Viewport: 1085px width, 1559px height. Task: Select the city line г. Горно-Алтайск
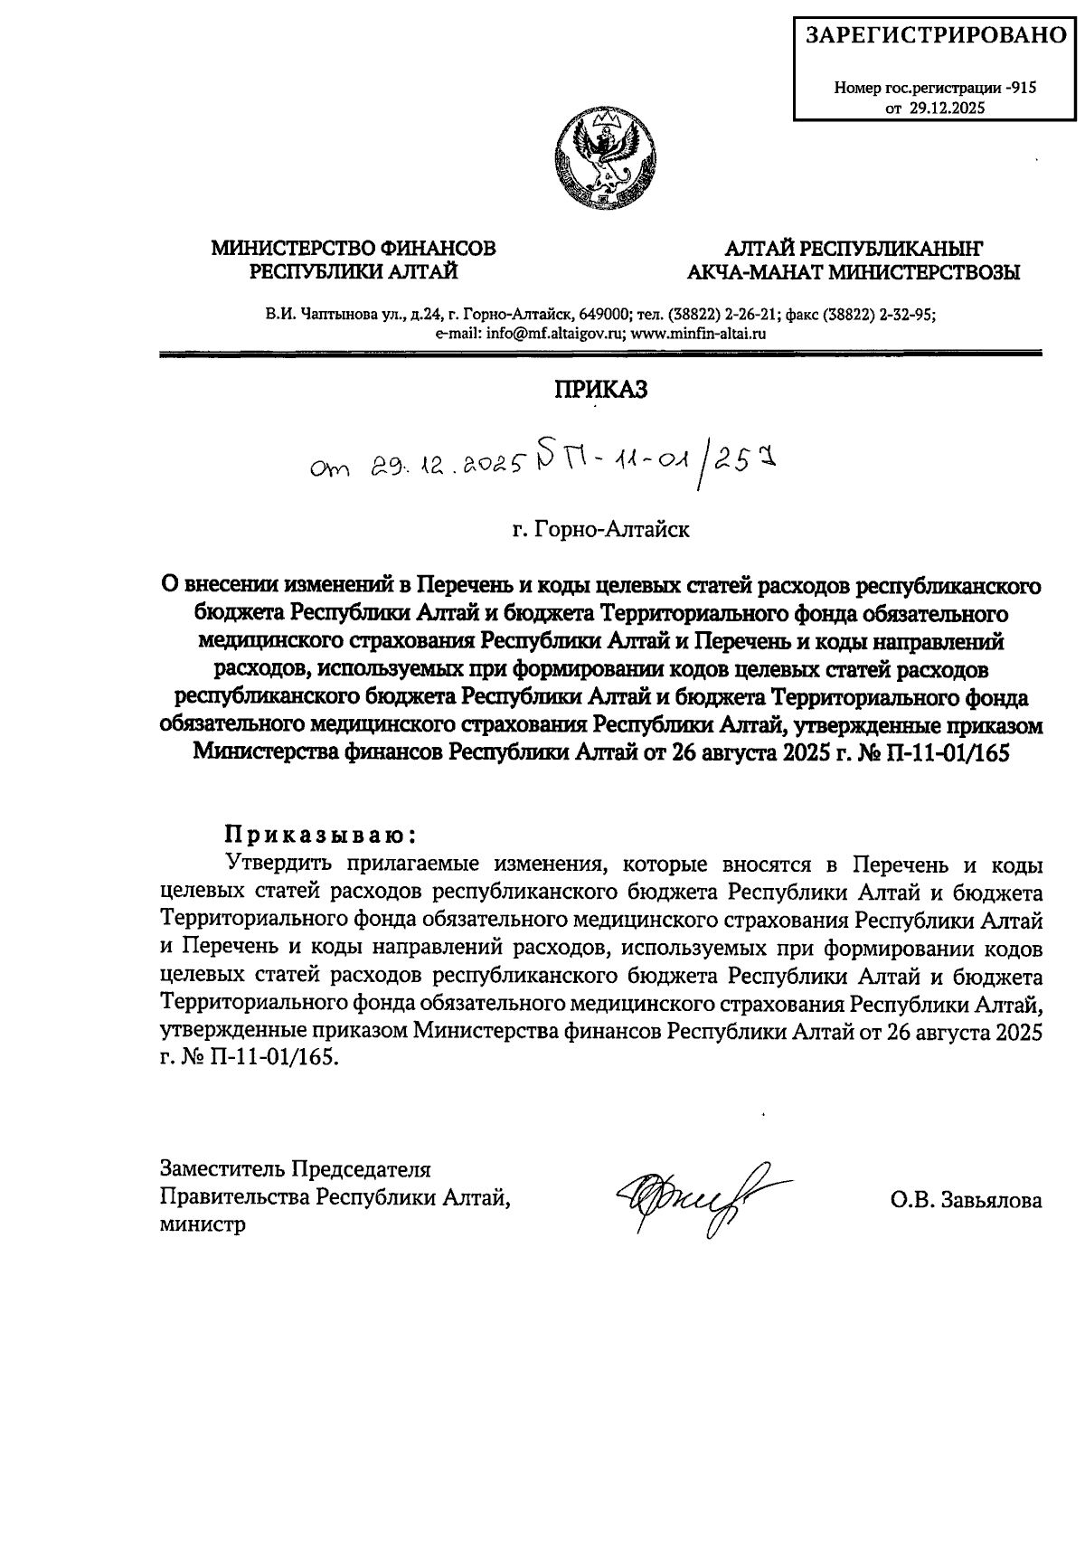click(601, 529)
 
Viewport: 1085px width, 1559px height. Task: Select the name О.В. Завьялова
click(965, 1201)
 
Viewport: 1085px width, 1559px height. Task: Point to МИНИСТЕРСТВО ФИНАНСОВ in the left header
click(354, 247)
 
